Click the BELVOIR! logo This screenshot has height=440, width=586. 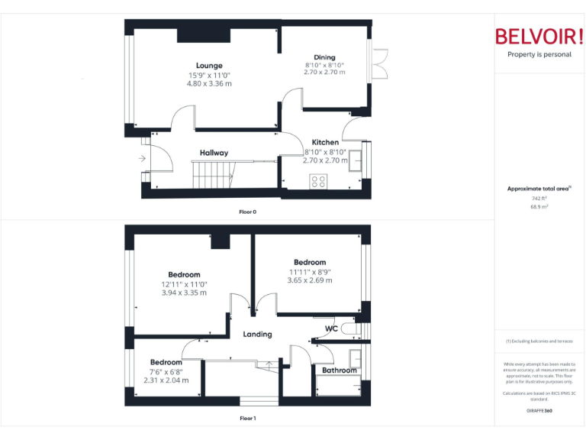(539, 37)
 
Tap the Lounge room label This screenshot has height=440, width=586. (208, 66)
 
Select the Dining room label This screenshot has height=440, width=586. (324, 57)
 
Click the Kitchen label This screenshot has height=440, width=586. (325, 142)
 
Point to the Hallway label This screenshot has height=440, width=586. (214, 153)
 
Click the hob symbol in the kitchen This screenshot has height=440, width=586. (318, 181)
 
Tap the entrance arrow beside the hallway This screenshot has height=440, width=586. (142, 159)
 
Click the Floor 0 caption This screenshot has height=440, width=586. (247, 212)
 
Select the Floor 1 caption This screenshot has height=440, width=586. (247, 419)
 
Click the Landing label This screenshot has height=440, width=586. (257, 334)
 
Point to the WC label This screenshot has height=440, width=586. (331, 329)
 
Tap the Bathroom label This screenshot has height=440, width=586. (339, 370)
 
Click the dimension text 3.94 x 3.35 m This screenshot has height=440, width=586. (184, 293)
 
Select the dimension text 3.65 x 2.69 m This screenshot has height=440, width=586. (309, 280)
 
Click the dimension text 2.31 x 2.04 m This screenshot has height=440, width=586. (166, 380)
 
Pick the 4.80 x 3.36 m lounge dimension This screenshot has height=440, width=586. (208, 84)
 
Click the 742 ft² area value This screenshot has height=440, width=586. (539, 198)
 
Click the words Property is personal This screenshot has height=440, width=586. (539, 55)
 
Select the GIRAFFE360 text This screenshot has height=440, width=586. (539, 410)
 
